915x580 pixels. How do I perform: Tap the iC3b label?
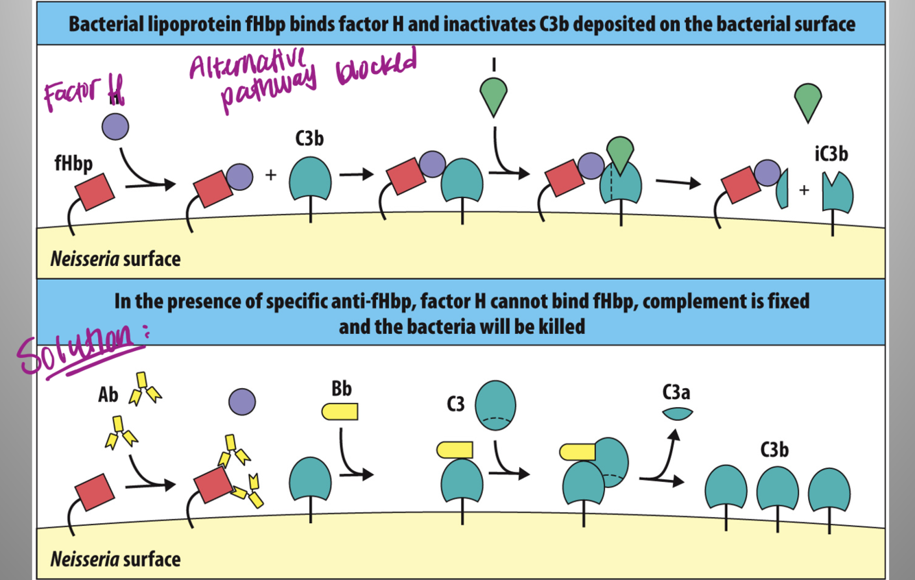coord(831,154)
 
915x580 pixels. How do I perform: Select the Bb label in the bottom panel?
coord(341,389)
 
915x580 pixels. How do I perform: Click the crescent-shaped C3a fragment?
coord(677,413)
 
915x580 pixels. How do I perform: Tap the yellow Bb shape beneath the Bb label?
coord(340,411)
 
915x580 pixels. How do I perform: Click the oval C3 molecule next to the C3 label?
coord(495,406)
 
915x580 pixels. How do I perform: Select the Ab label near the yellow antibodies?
coord(108,395)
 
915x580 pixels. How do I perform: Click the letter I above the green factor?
coord(493,64)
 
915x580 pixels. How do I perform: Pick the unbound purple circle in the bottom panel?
coord(241,401)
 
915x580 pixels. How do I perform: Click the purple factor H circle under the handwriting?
coord(115,127)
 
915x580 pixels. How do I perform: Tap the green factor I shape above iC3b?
coord(809,101)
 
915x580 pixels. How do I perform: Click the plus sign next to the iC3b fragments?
coord(803,190)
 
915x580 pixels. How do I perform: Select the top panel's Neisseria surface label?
coord(115,259)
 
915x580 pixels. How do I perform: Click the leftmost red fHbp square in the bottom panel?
coord(95,492)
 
